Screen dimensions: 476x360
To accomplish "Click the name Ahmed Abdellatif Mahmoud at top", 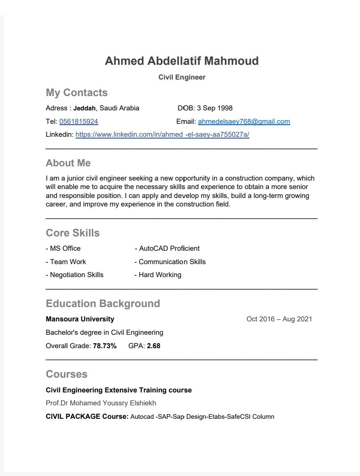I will click(x=182, y=61).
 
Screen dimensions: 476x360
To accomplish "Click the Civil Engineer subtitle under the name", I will click(x=182, y=77).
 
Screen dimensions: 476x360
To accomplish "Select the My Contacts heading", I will click(x=76, y=93).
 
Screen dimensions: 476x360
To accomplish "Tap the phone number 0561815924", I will click(x=78, y=122).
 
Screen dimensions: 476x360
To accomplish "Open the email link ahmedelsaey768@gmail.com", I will click(x=244, y=122).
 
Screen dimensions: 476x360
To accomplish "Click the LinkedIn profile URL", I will click(x=162, y=135).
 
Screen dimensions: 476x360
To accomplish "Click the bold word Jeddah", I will click(x=85, y=108).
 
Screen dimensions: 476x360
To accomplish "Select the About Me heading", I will click(x=68, y=163).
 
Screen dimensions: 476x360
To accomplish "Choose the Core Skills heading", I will click(x=72, y=233).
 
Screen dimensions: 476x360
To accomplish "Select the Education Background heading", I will click(x=103, y=303).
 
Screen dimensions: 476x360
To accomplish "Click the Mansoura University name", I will click(x=80, y=319).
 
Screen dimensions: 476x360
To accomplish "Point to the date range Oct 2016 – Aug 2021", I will click(x=279, y=319).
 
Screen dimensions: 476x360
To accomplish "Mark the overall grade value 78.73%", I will click(x=105, y=346).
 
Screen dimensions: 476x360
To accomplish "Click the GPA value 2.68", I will click(x=153, y=346).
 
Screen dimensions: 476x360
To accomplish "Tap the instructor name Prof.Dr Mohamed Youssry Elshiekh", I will click(x=101, y=403).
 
